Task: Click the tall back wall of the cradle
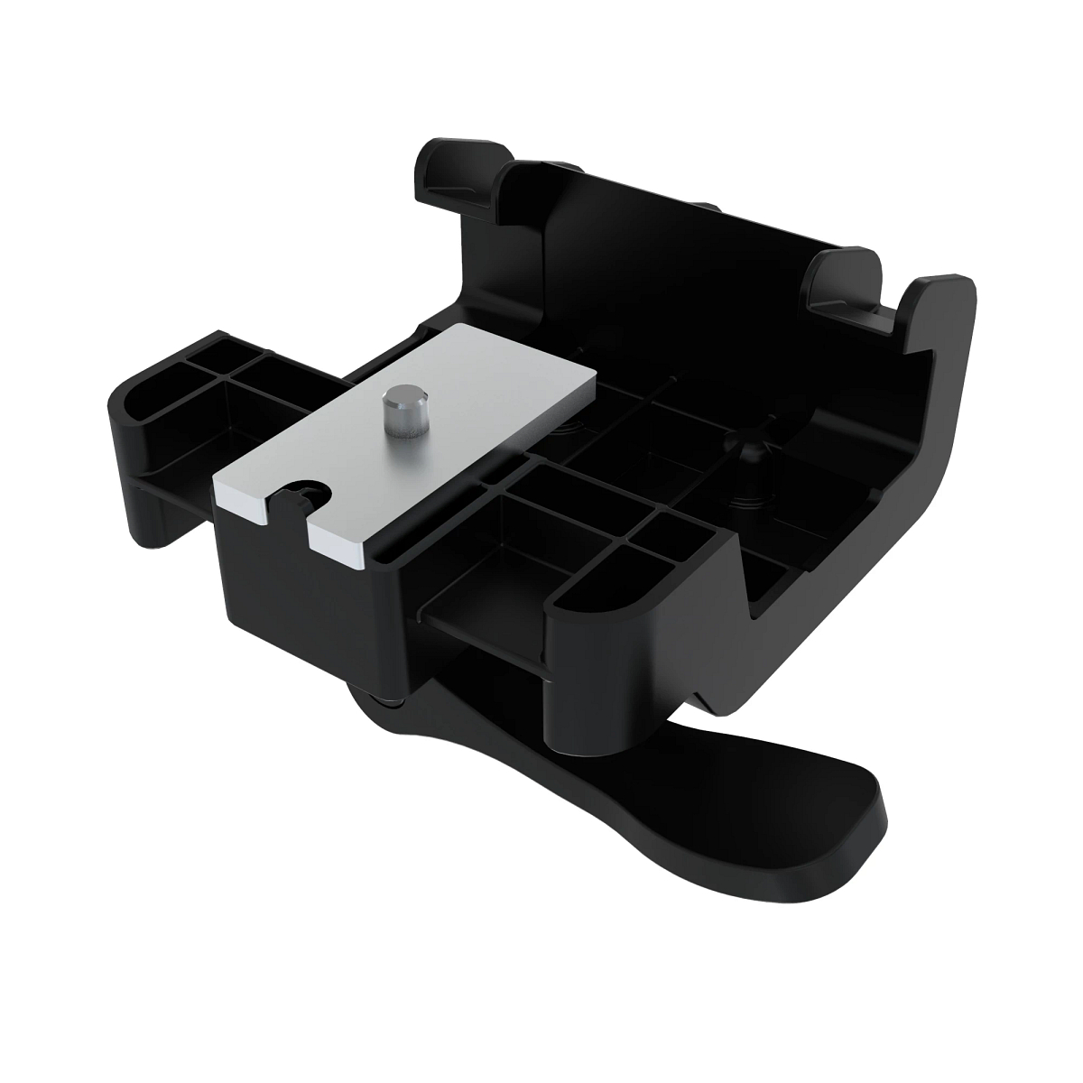[x=632, y=235]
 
